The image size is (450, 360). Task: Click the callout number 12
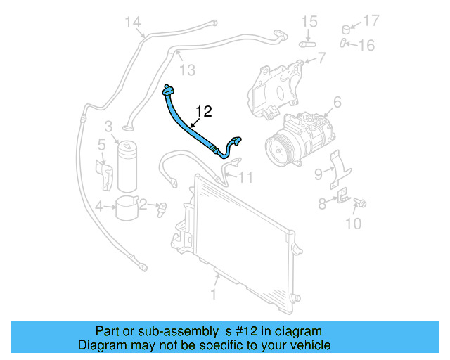point(203,111)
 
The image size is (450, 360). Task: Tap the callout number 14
point(134,22)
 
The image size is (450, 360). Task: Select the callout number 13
point(186,69)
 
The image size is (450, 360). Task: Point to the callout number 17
point(371,20)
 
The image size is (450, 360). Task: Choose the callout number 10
point(354,224)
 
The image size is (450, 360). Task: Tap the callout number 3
point(109,127)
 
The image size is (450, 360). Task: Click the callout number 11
point(244,177)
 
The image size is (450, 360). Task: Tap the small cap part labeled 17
point(346,30)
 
